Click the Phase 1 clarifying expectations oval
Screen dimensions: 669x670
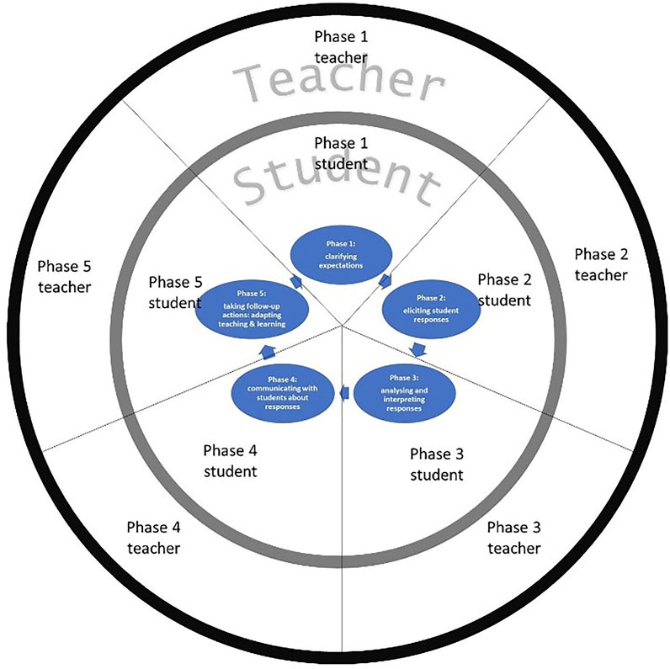(x=340, y=252)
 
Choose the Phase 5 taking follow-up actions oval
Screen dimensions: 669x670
(x=251, y=305)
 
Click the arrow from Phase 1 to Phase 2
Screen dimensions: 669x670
(x=384, y=279)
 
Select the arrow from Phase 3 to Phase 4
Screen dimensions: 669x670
(x=344, y=392)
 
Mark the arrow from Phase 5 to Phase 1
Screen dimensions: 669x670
(x=295, y=279)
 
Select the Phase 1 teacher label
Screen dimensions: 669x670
(x=341, y=46)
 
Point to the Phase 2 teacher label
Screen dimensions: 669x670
(x=601, y=264)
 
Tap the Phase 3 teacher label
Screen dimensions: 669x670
(x=514, y=538)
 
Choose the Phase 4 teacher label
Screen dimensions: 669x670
(x=153, y=538)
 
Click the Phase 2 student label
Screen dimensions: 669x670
(x=504, y=289)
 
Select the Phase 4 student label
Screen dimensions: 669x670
(x=230, y=460)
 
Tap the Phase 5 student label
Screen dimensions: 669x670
(x=175, y=291)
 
